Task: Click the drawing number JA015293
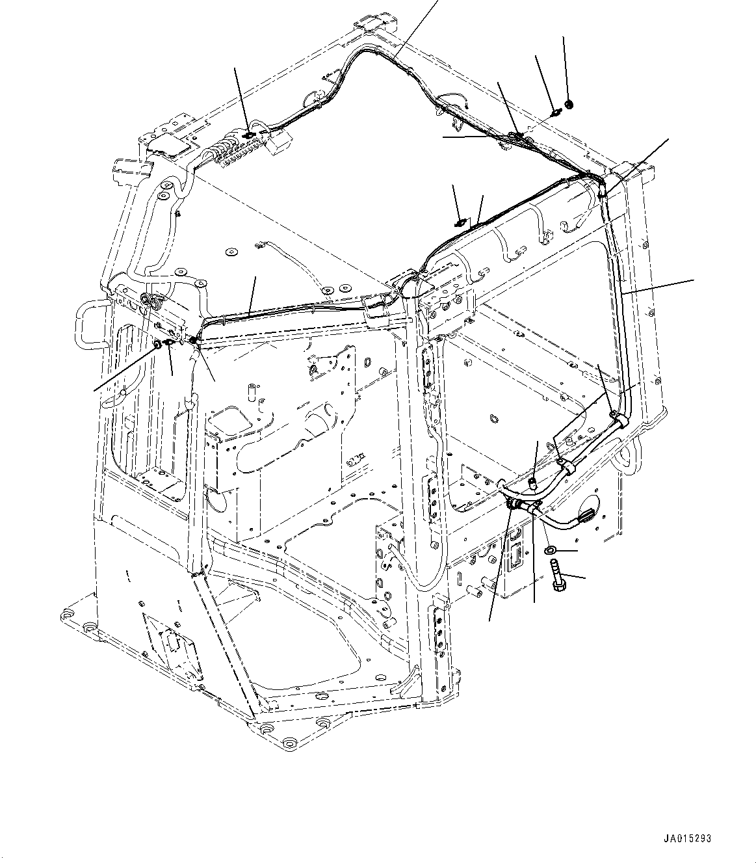point(687,838)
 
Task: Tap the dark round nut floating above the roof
point(569,103)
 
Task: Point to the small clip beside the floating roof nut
point(556,113)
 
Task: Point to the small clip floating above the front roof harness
point(461,223)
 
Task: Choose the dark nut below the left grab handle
point(158,343)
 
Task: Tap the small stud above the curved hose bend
point(532,482)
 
